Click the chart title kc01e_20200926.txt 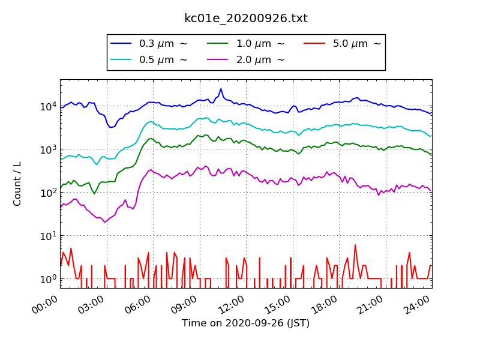coord(246,19)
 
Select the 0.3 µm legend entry coord(148,43)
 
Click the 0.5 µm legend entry coord(148,59)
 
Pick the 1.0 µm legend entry coord(245,43)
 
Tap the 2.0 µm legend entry coord(245,59)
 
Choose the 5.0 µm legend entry coord(342,43)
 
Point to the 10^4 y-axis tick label coord(49,106)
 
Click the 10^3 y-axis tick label coord(49,149)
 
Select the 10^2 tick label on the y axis coord(49,193)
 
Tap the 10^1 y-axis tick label coord(49,236)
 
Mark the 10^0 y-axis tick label coord(49,279)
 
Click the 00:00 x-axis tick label coord(44,305)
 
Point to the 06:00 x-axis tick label coord(138,305)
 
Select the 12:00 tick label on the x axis coord(231,305)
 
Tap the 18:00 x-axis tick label coord(324,305)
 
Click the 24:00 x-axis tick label coord(417,305)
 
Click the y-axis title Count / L coord(17,184)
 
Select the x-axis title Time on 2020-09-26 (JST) coord(246,323)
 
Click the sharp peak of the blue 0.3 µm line coord(221,89)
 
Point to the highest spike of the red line coord(355,245)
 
